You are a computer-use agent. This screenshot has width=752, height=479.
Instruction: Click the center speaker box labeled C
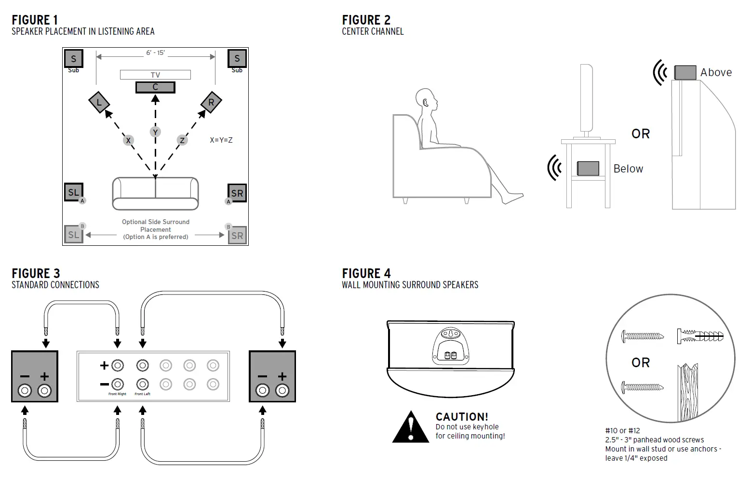click(x=155, y=87)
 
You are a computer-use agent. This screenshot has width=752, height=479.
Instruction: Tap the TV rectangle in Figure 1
click(x=155, y=75)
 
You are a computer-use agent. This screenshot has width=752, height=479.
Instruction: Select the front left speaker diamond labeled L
click(x=99, y=102)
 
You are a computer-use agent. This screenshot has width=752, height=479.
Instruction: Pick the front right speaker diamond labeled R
click(x=211, y=102)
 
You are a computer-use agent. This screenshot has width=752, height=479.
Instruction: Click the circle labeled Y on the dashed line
click(x=155, y=132)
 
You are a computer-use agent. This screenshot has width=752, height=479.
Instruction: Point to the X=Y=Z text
click(x=221, y=140)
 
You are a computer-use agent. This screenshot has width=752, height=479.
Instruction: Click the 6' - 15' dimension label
click(x=155, y=53)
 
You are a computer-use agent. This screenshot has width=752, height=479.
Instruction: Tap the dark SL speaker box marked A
click(x=73, y=192)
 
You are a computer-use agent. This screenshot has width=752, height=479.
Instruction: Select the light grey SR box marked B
click(x=237, y=236)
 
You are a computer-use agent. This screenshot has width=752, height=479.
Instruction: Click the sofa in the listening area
click(x=155, y=193)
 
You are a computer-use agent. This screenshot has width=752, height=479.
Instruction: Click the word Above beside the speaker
click(x=716, y=73)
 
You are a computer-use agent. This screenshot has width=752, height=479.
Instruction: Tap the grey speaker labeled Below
click(x=588, y=169)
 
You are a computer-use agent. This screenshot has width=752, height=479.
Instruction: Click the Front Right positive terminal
click(x=118, y=366)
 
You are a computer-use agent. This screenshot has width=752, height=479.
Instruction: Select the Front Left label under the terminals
click(x=142, y=394)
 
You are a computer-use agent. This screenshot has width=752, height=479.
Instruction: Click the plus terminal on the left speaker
click(x=44, y=390)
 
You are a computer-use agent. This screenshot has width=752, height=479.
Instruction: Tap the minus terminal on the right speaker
click(x=263, y=390)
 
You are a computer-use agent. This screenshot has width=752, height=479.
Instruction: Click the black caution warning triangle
click(x=411, y=427)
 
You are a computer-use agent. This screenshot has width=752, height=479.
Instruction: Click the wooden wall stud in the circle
click(x=687, y=393)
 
